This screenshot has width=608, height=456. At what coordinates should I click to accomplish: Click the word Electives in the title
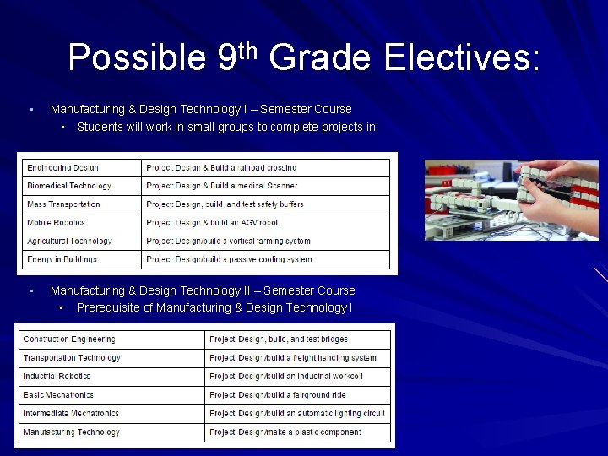pyautogui.click(x=460, y=58)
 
